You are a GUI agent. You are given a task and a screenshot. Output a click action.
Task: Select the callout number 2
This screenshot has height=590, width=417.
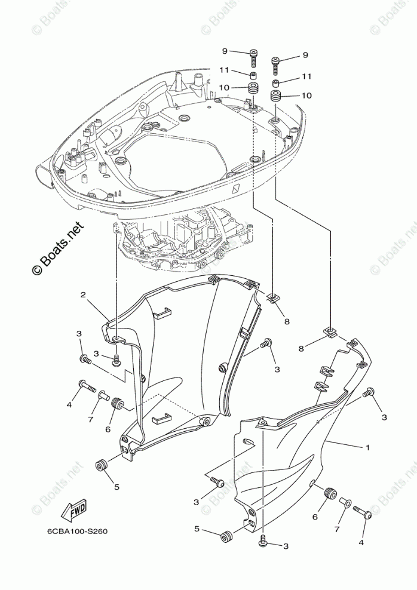pyautogui.click(x=84, y=294)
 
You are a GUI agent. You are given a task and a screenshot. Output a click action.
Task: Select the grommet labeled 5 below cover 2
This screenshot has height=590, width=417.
pyautogui.click(x=102, y=465)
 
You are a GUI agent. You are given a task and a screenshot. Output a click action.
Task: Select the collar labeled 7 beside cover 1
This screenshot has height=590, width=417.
pyautogui.click(x=345, y=503)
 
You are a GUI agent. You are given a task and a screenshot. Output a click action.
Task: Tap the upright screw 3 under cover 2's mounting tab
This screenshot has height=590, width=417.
pyautogui.click(x=116, y=360)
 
